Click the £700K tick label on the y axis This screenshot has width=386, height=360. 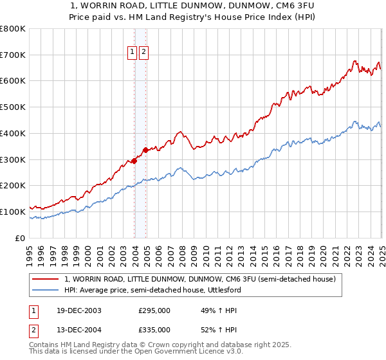click(x=13, y=55)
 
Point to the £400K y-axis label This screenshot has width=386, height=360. click(x=13, y=134)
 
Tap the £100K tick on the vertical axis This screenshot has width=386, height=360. click(x=13, y=212)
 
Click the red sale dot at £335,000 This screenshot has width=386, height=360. click(x=145, y=150)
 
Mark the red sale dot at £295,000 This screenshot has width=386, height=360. click(x=134, y=161)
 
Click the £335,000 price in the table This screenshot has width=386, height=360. click(x=154, y=330)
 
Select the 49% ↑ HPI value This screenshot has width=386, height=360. click(x=210, y=310)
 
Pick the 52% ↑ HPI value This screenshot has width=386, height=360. click(x=210, y=330)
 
